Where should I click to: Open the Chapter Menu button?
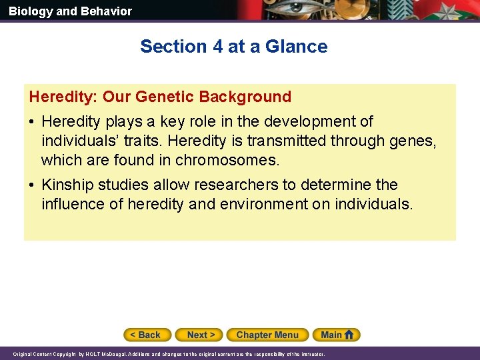tap(267, 335)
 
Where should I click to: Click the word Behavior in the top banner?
tap(107, 11)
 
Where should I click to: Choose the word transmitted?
tap(288, 141)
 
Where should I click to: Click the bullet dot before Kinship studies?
tap(33, 185)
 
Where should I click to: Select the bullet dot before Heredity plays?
tap(33, 122)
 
